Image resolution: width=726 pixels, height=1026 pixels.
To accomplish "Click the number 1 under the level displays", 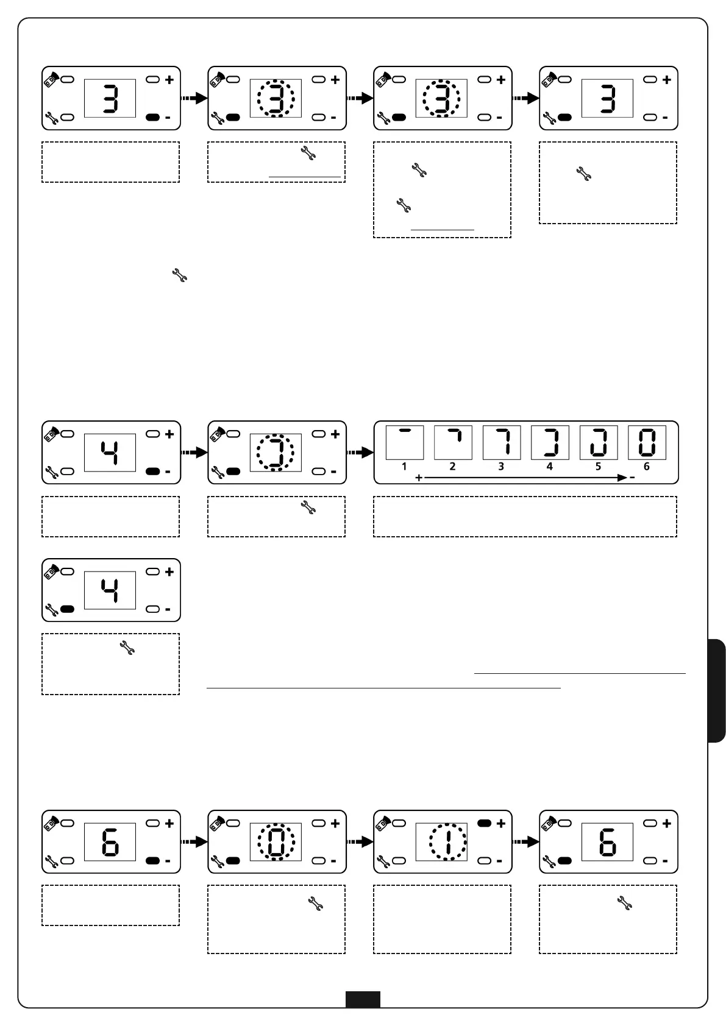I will [404, 467].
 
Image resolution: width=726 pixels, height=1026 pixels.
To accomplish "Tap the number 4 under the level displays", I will [550, 467].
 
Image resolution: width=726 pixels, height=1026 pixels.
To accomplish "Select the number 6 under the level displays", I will [647, 467].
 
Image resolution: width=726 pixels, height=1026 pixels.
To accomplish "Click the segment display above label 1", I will [405, 442].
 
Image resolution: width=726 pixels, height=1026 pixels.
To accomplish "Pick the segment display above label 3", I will [502, 442].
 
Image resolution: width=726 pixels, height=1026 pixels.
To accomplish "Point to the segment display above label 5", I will [599, 442].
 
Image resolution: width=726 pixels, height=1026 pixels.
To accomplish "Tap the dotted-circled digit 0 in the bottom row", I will [276, 842].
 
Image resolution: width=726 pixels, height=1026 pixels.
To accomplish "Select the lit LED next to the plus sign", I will [485, 823].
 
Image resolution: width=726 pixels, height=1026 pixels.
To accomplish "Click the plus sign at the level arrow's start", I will [419, 478].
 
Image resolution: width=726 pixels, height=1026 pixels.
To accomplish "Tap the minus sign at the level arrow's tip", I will [632, 478].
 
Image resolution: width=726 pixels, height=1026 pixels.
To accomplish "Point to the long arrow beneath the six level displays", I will [524, 478].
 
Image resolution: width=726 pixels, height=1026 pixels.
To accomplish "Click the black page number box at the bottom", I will [363, 999].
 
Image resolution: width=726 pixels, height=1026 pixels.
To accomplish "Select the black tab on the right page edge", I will [717, 690].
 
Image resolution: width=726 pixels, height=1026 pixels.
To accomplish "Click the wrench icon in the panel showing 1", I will [383, 861].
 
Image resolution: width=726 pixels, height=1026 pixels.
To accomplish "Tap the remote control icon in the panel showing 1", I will [383, 822].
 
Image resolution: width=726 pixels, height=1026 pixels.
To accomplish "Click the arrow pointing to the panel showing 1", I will [360, 842].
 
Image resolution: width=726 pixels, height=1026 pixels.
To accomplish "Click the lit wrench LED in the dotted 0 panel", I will [233, 861].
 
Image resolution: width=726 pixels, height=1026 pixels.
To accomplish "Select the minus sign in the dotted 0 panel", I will [333, 861].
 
